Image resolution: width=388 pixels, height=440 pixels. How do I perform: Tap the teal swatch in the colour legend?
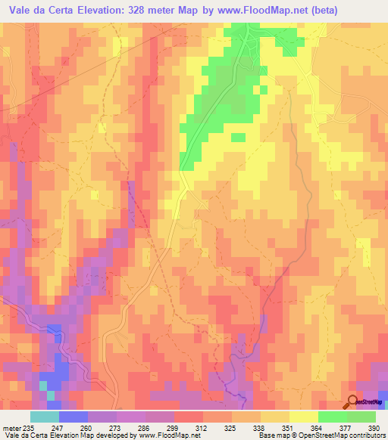point(45,417)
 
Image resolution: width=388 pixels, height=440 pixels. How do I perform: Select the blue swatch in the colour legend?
point(74,417)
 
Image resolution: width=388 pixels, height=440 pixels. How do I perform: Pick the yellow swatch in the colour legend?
point(304,417)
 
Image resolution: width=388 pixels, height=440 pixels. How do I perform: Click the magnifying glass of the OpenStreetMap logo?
point(353,401)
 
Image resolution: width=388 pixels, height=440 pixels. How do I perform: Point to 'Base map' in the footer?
point(272,435)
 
